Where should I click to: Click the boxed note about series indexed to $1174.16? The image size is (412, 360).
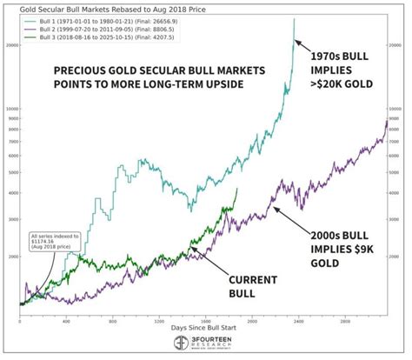click(x=53, y=240)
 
